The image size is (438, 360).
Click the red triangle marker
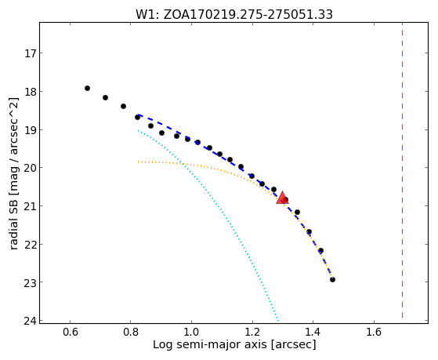point(282,198)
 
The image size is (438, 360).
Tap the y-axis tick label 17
point(30,53)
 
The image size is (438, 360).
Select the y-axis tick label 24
point(30,321)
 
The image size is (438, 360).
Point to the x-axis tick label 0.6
point(70,332)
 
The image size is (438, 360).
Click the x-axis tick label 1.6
point(374,332)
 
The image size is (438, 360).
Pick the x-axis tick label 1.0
point(191,332)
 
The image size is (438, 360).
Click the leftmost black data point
point(87,88)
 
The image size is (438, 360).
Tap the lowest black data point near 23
point(332,279)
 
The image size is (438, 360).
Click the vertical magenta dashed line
point(402,170)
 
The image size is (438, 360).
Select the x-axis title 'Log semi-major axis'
point(210,344)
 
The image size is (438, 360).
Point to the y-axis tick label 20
point(30,168)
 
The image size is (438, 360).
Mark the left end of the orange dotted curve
point(138,162)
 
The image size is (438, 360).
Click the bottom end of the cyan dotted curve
point(278,320)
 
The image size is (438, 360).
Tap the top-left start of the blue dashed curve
point(138,115)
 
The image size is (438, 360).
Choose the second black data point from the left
point(105,97)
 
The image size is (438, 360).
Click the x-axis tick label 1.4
point(313,332)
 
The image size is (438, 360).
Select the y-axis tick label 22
point(30,245)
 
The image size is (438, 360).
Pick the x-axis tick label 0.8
point(130,332)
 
